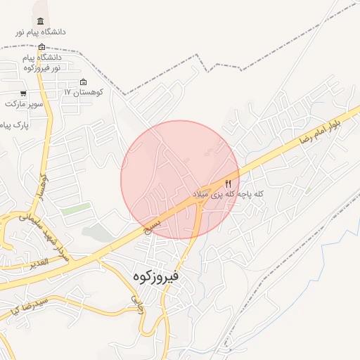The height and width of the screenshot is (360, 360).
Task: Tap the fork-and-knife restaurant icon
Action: click(x=227, y=183)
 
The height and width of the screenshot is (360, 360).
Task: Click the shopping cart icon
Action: click(x=23, y=94)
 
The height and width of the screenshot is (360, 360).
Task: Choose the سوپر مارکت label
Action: click(x=25, y=103)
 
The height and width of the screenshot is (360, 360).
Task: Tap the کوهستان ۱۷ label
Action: click(x=84, y=92)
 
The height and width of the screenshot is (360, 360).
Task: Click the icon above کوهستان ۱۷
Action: click(x=84, y=82)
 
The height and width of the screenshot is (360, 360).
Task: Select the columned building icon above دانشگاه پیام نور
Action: click(x=39, y=21)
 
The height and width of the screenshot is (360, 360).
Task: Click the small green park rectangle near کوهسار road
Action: click(x=75, y=210)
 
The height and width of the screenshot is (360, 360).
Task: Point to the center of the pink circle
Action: click(x=180, y=180)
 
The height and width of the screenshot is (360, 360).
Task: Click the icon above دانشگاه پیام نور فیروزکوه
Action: click(x=41, y=46)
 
